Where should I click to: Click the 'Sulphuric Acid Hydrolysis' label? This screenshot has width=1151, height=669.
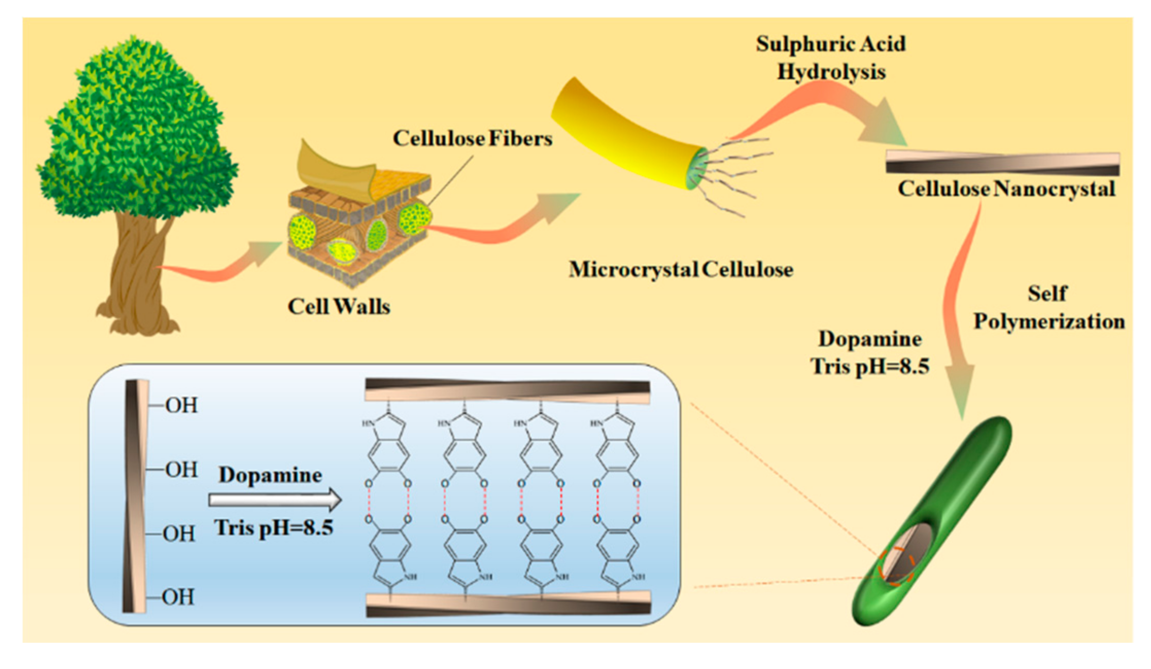click(831, 58)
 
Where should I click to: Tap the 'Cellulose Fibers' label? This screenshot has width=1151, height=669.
click(472, 138)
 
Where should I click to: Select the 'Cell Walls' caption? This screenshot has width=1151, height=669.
click(338, 306)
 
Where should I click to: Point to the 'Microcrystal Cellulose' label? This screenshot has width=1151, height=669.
click(680, 269)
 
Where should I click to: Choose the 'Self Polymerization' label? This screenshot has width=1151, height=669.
click(1048, 307)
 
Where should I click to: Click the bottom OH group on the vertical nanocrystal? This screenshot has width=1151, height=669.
click(178, 597)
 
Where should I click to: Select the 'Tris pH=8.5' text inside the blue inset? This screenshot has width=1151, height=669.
click(273, 527)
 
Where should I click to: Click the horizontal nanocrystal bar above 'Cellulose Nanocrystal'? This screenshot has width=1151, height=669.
click(1002, 163)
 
